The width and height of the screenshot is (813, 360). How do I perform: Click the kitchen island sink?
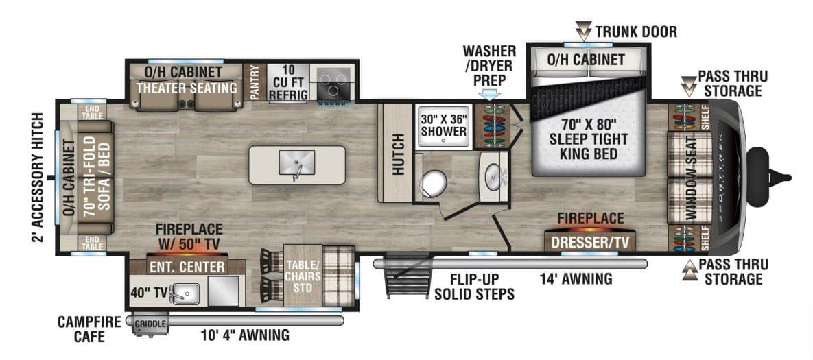click(296, 163)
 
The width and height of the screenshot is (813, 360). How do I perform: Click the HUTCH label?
click(398, 154)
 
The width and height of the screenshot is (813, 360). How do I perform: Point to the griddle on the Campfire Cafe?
click(151, 324)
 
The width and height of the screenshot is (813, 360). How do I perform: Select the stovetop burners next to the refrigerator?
click(332, 82)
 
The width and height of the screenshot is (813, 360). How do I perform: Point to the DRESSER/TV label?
click(589, 242)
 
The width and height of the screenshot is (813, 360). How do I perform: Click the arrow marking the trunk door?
click(584, 31)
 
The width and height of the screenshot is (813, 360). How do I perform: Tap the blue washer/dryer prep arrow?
click(490, 94)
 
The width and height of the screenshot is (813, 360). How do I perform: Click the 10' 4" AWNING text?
click(245, 335)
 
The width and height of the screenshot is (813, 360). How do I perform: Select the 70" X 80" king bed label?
click(589, 139)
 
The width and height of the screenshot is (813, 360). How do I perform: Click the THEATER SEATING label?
click(187, 88)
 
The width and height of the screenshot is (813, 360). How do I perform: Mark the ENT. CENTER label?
click(188, 267)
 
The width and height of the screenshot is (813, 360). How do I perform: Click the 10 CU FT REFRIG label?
click(287, 82)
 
